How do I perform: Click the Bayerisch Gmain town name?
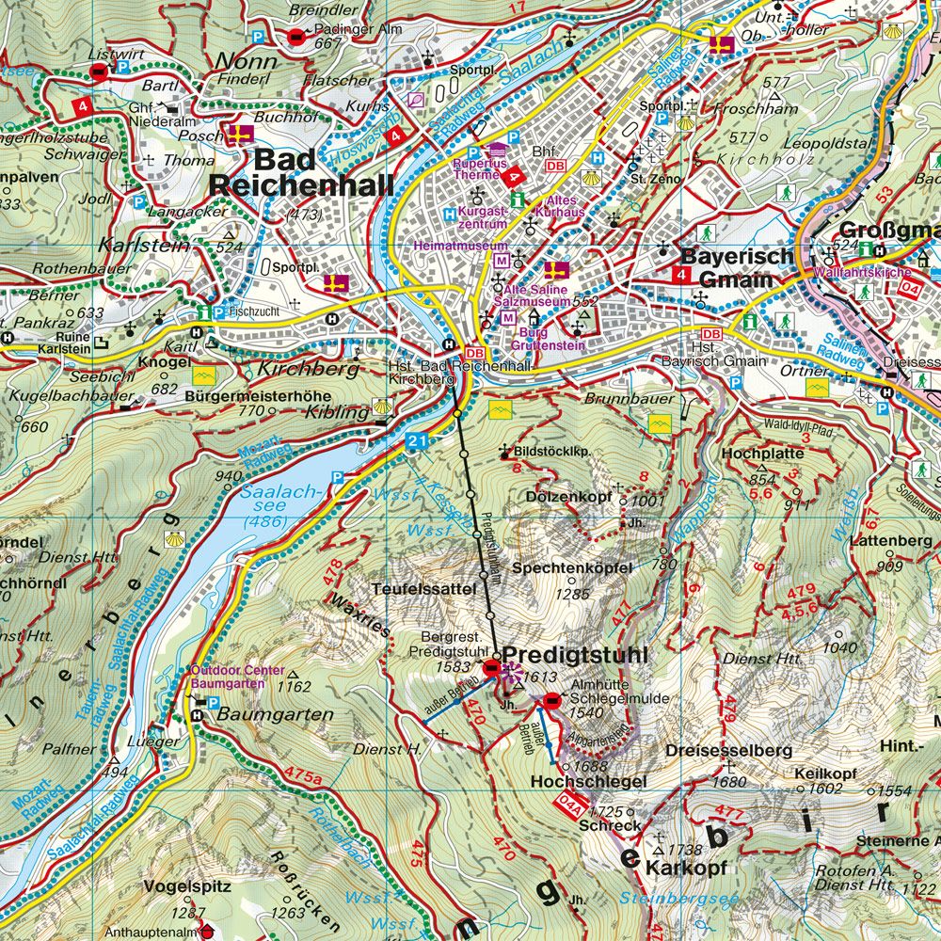[x=726, y=266]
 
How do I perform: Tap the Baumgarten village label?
[x=275, y=714]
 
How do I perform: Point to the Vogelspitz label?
[x=175, y=886]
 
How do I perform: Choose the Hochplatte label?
[x=762, y=454]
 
